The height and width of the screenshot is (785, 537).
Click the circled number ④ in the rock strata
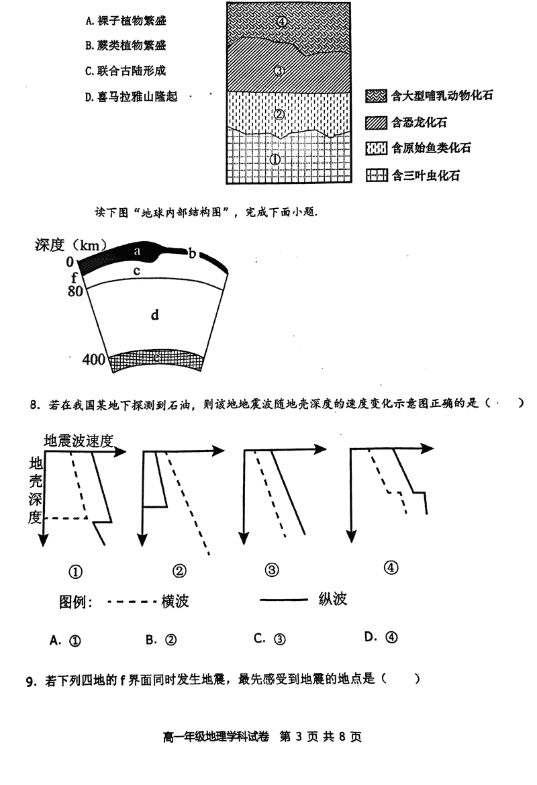pos(282,21)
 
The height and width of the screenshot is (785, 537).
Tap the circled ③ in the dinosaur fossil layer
pos(281,71)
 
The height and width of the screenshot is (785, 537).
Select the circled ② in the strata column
pos(280,114)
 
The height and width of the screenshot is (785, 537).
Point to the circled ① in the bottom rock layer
pos(275,160)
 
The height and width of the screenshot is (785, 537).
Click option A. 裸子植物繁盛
pos(126,21)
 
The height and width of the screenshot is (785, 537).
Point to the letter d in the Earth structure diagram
pos(154,314)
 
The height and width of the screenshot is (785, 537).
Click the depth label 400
pos(93,360)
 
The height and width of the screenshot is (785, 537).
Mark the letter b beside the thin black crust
pos(192,253)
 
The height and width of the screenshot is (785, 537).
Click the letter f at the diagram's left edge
pos(74,277)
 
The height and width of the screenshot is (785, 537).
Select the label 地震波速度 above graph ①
pos(78,440)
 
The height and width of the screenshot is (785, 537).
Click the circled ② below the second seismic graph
pos(179,571)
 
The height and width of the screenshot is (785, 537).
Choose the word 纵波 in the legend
pos(333,599)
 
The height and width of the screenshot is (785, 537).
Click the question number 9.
pos(30,681)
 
